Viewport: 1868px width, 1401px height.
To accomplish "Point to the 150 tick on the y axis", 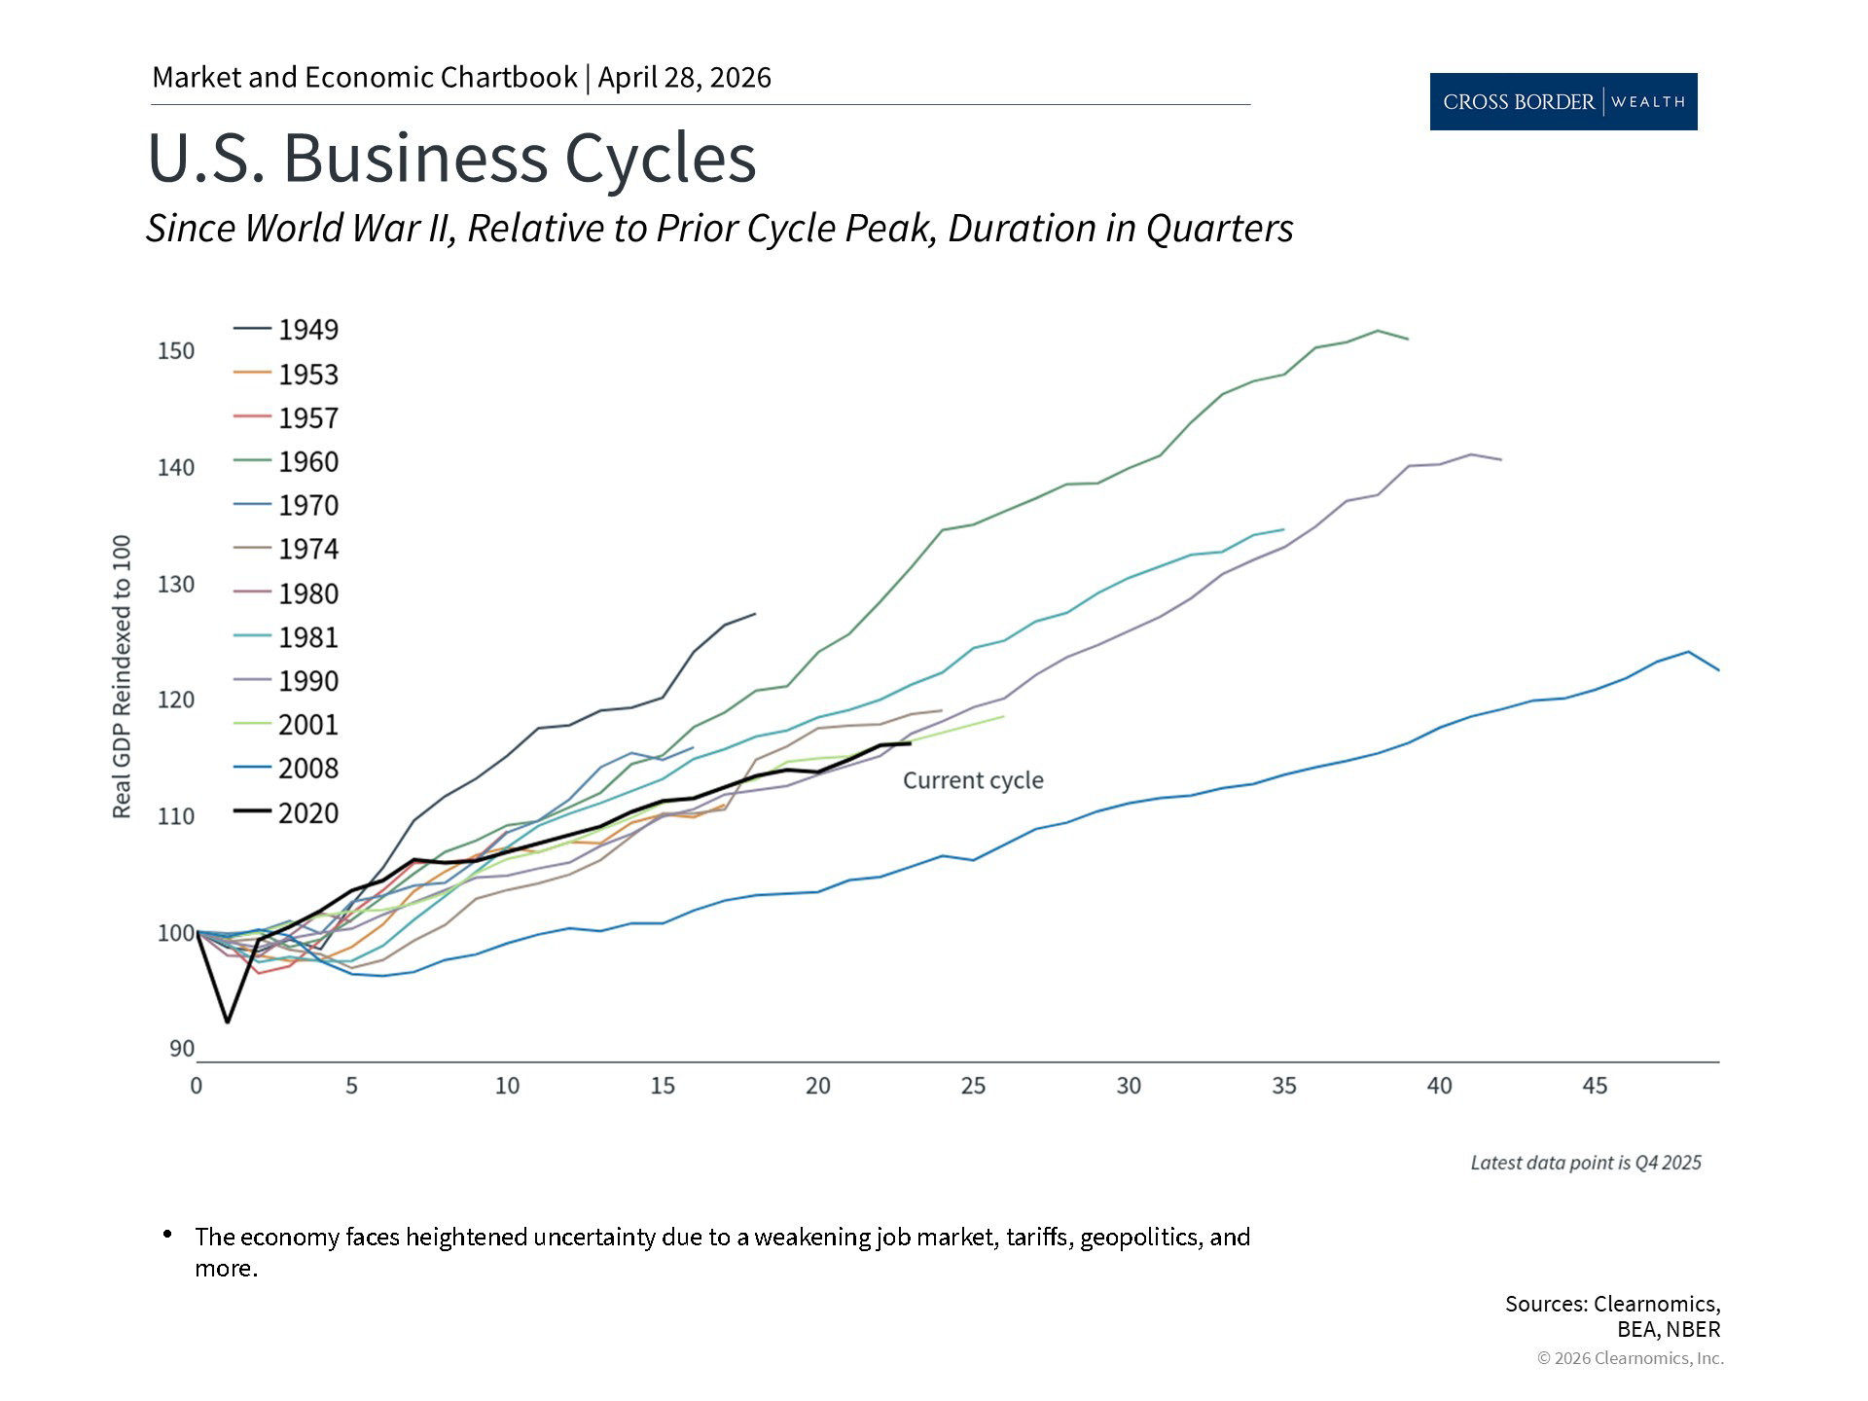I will coord(176,350).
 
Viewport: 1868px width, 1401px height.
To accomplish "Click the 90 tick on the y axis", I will coord(182,1049).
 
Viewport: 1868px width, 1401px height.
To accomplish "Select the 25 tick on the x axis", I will coord(973,1086).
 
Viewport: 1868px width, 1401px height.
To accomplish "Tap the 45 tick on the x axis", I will coord(1595,1086).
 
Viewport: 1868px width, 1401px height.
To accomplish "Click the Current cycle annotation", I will coord(973,780).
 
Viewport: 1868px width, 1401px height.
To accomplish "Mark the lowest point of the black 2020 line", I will coord(228,1022).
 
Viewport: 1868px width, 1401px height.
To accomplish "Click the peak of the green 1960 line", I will coord(1378,331).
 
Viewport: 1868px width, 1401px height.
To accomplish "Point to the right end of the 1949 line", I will coord(755,614).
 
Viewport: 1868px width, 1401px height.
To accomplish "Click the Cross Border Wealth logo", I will coord(1563,102).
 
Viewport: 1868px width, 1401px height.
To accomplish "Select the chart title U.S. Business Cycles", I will coord(451,158).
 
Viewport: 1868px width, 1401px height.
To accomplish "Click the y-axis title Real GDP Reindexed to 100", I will coord(122,677).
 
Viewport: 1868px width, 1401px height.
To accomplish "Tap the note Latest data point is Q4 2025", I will coord(1585,1163).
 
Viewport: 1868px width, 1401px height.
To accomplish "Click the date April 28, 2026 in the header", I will coord(684,78).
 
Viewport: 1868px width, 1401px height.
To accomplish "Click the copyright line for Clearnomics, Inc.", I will coord(1630,1358).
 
